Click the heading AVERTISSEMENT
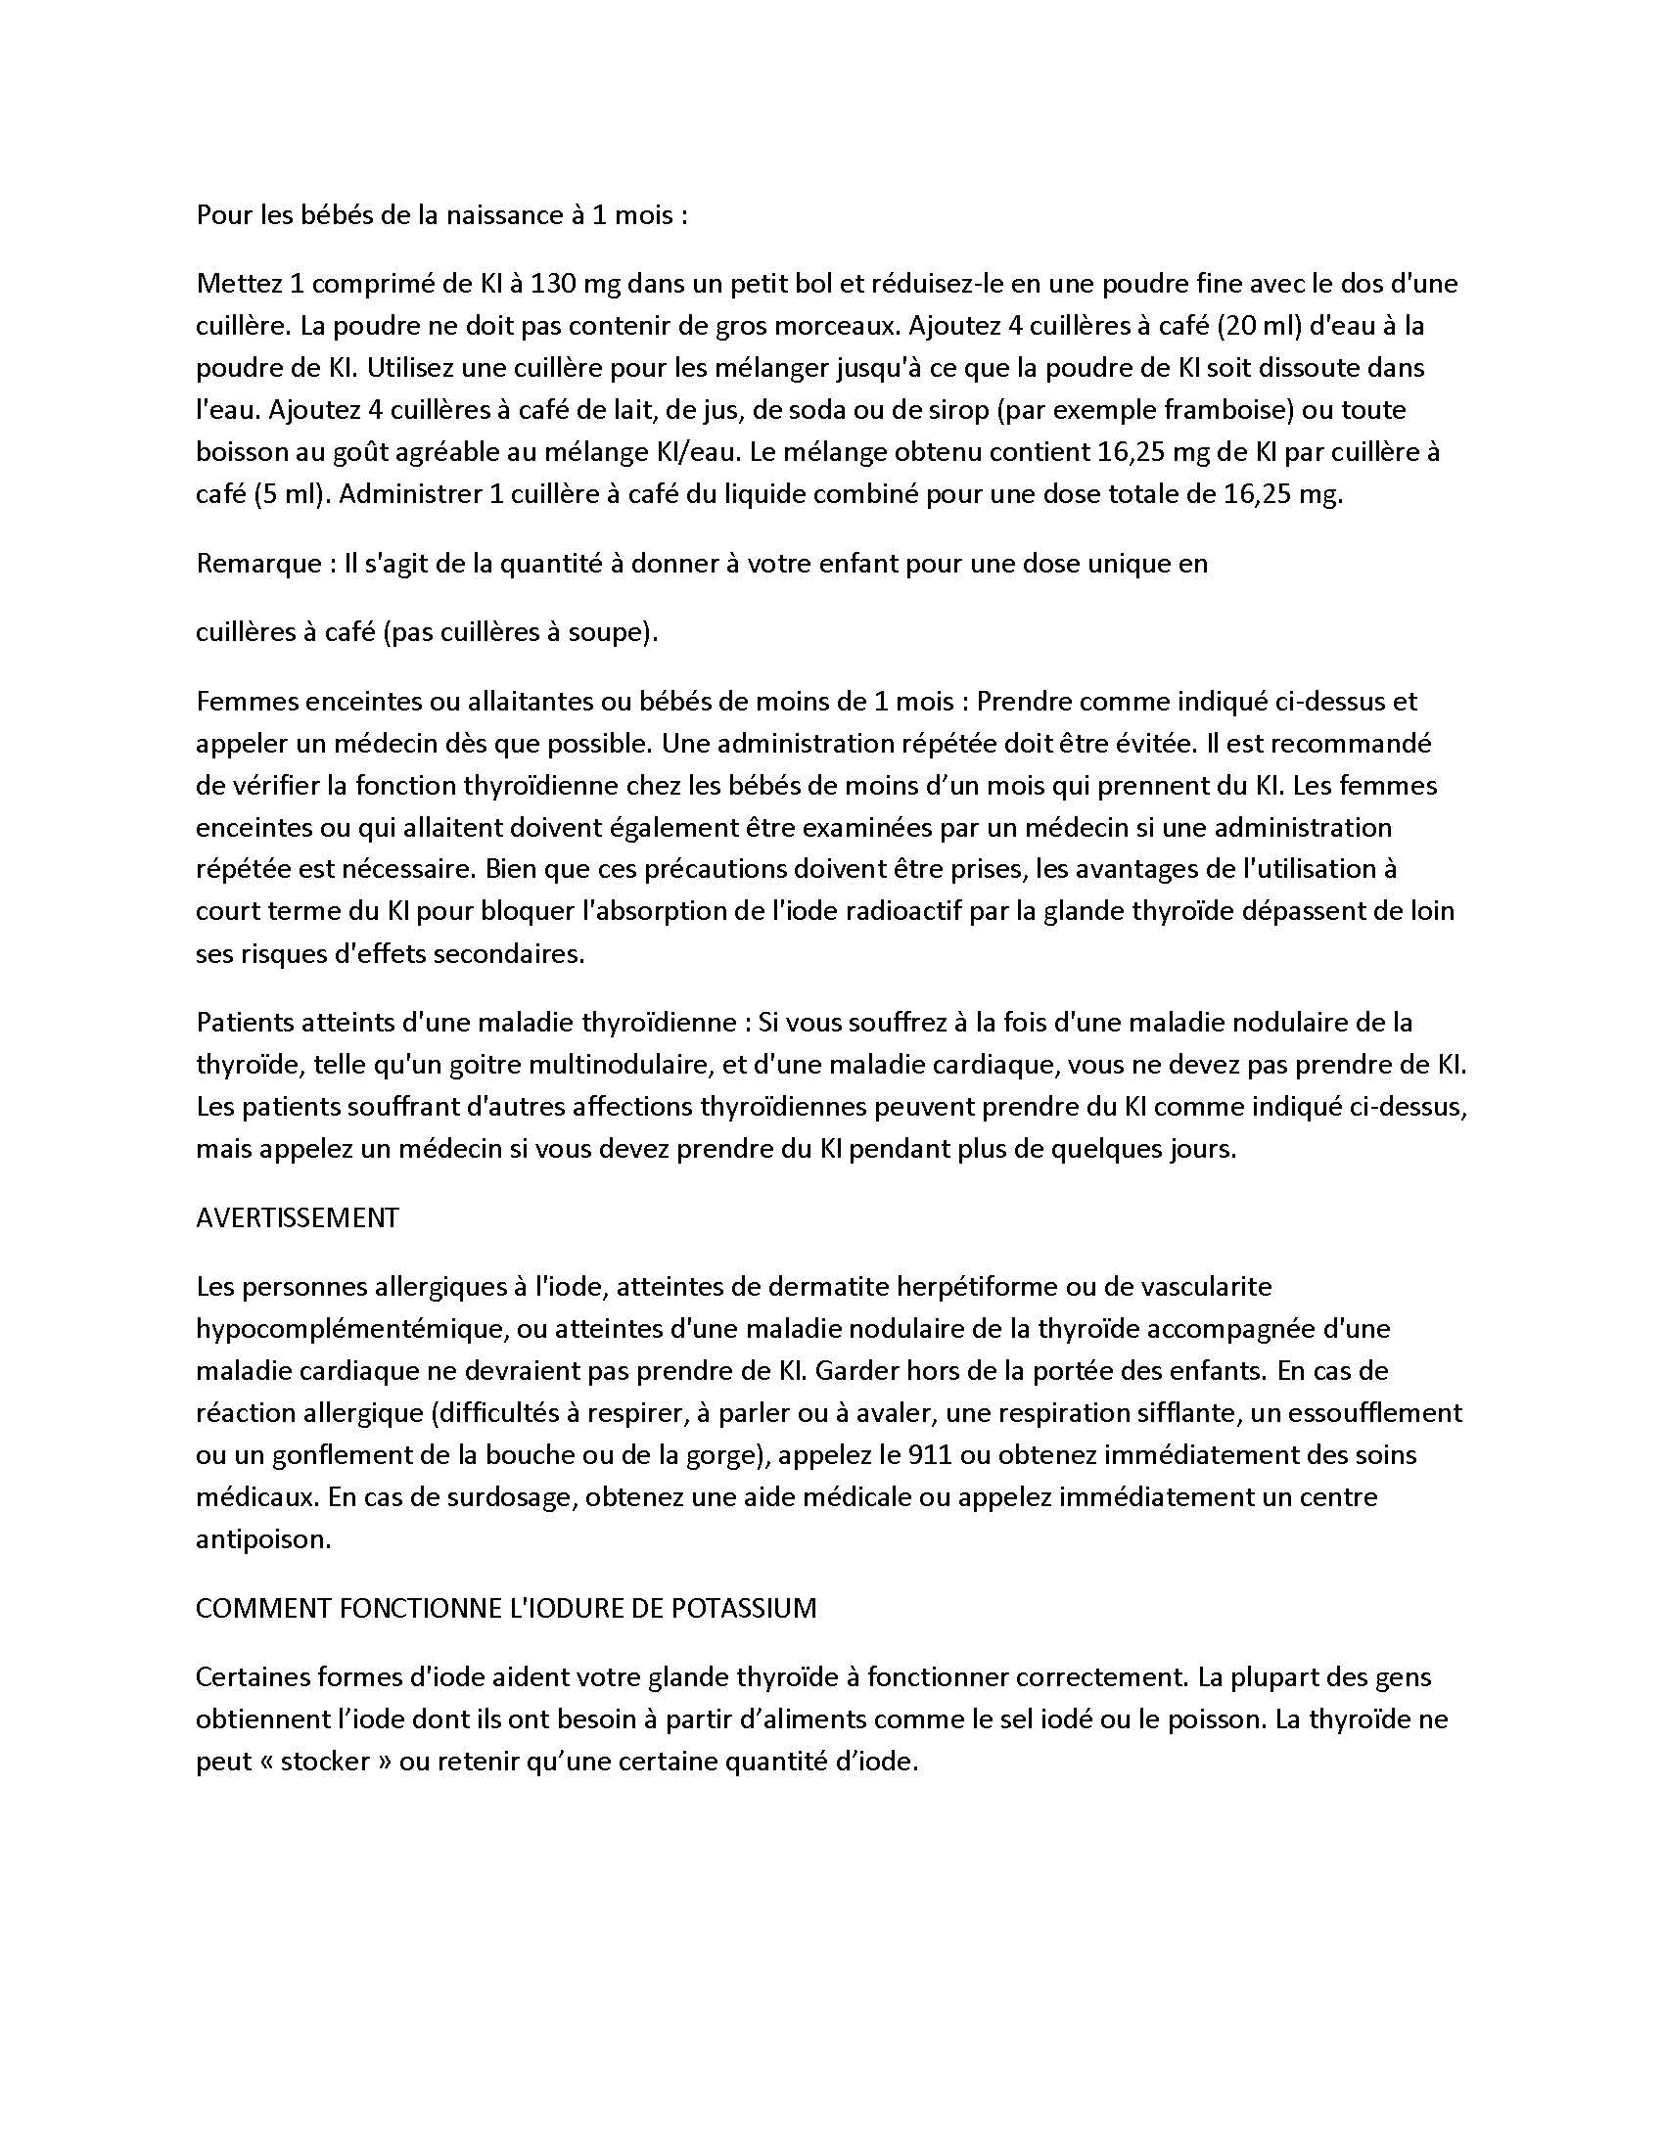point(297,1217)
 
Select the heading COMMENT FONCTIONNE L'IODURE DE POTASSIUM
point(506,1608)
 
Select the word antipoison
point(263,1538)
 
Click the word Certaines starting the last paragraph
point(253,1676)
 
